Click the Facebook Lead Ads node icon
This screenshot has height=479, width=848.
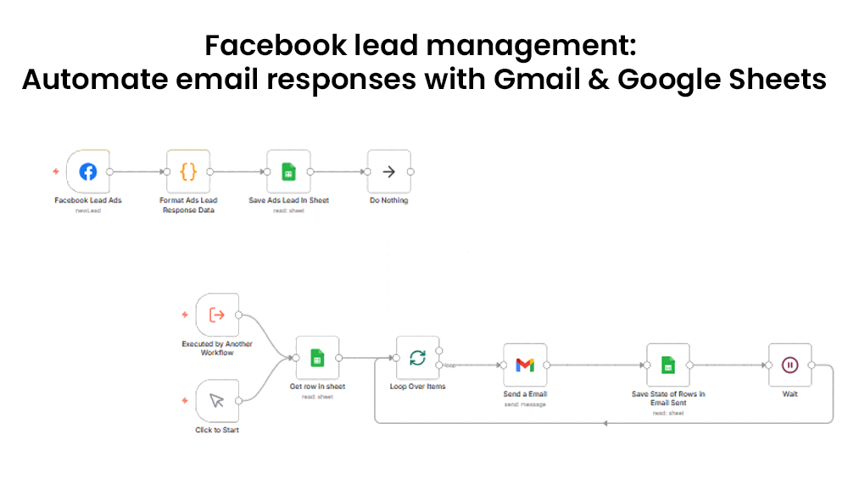[88, 172]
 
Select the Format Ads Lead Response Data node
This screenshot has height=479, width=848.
[188, 172]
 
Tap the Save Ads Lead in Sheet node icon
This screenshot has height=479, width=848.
[288, 172]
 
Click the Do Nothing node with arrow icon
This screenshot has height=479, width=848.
[388, 172]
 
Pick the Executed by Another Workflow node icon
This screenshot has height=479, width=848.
[216, 315]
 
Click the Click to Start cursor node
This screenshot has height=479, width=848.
[216, 401]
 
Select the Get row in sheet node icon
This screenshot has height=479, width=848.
[316, 358]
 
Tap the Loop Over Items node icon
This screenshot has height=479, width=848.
[417, 358]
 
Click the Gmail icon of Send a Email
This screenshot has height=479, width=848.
[525, 365]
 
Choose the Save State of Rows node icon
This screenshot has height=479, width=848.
[668, 365]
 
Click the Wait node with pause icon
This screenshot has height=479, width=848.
[789, 365]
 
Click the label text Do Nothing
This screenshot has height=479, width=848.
[388, 201]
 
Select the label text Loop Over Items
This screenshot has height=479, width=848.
[417, 387]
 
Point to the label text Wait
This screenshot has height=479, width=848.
[789, 393]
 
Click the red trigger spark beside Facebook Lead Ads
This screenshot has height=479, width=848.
[56, 172]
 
